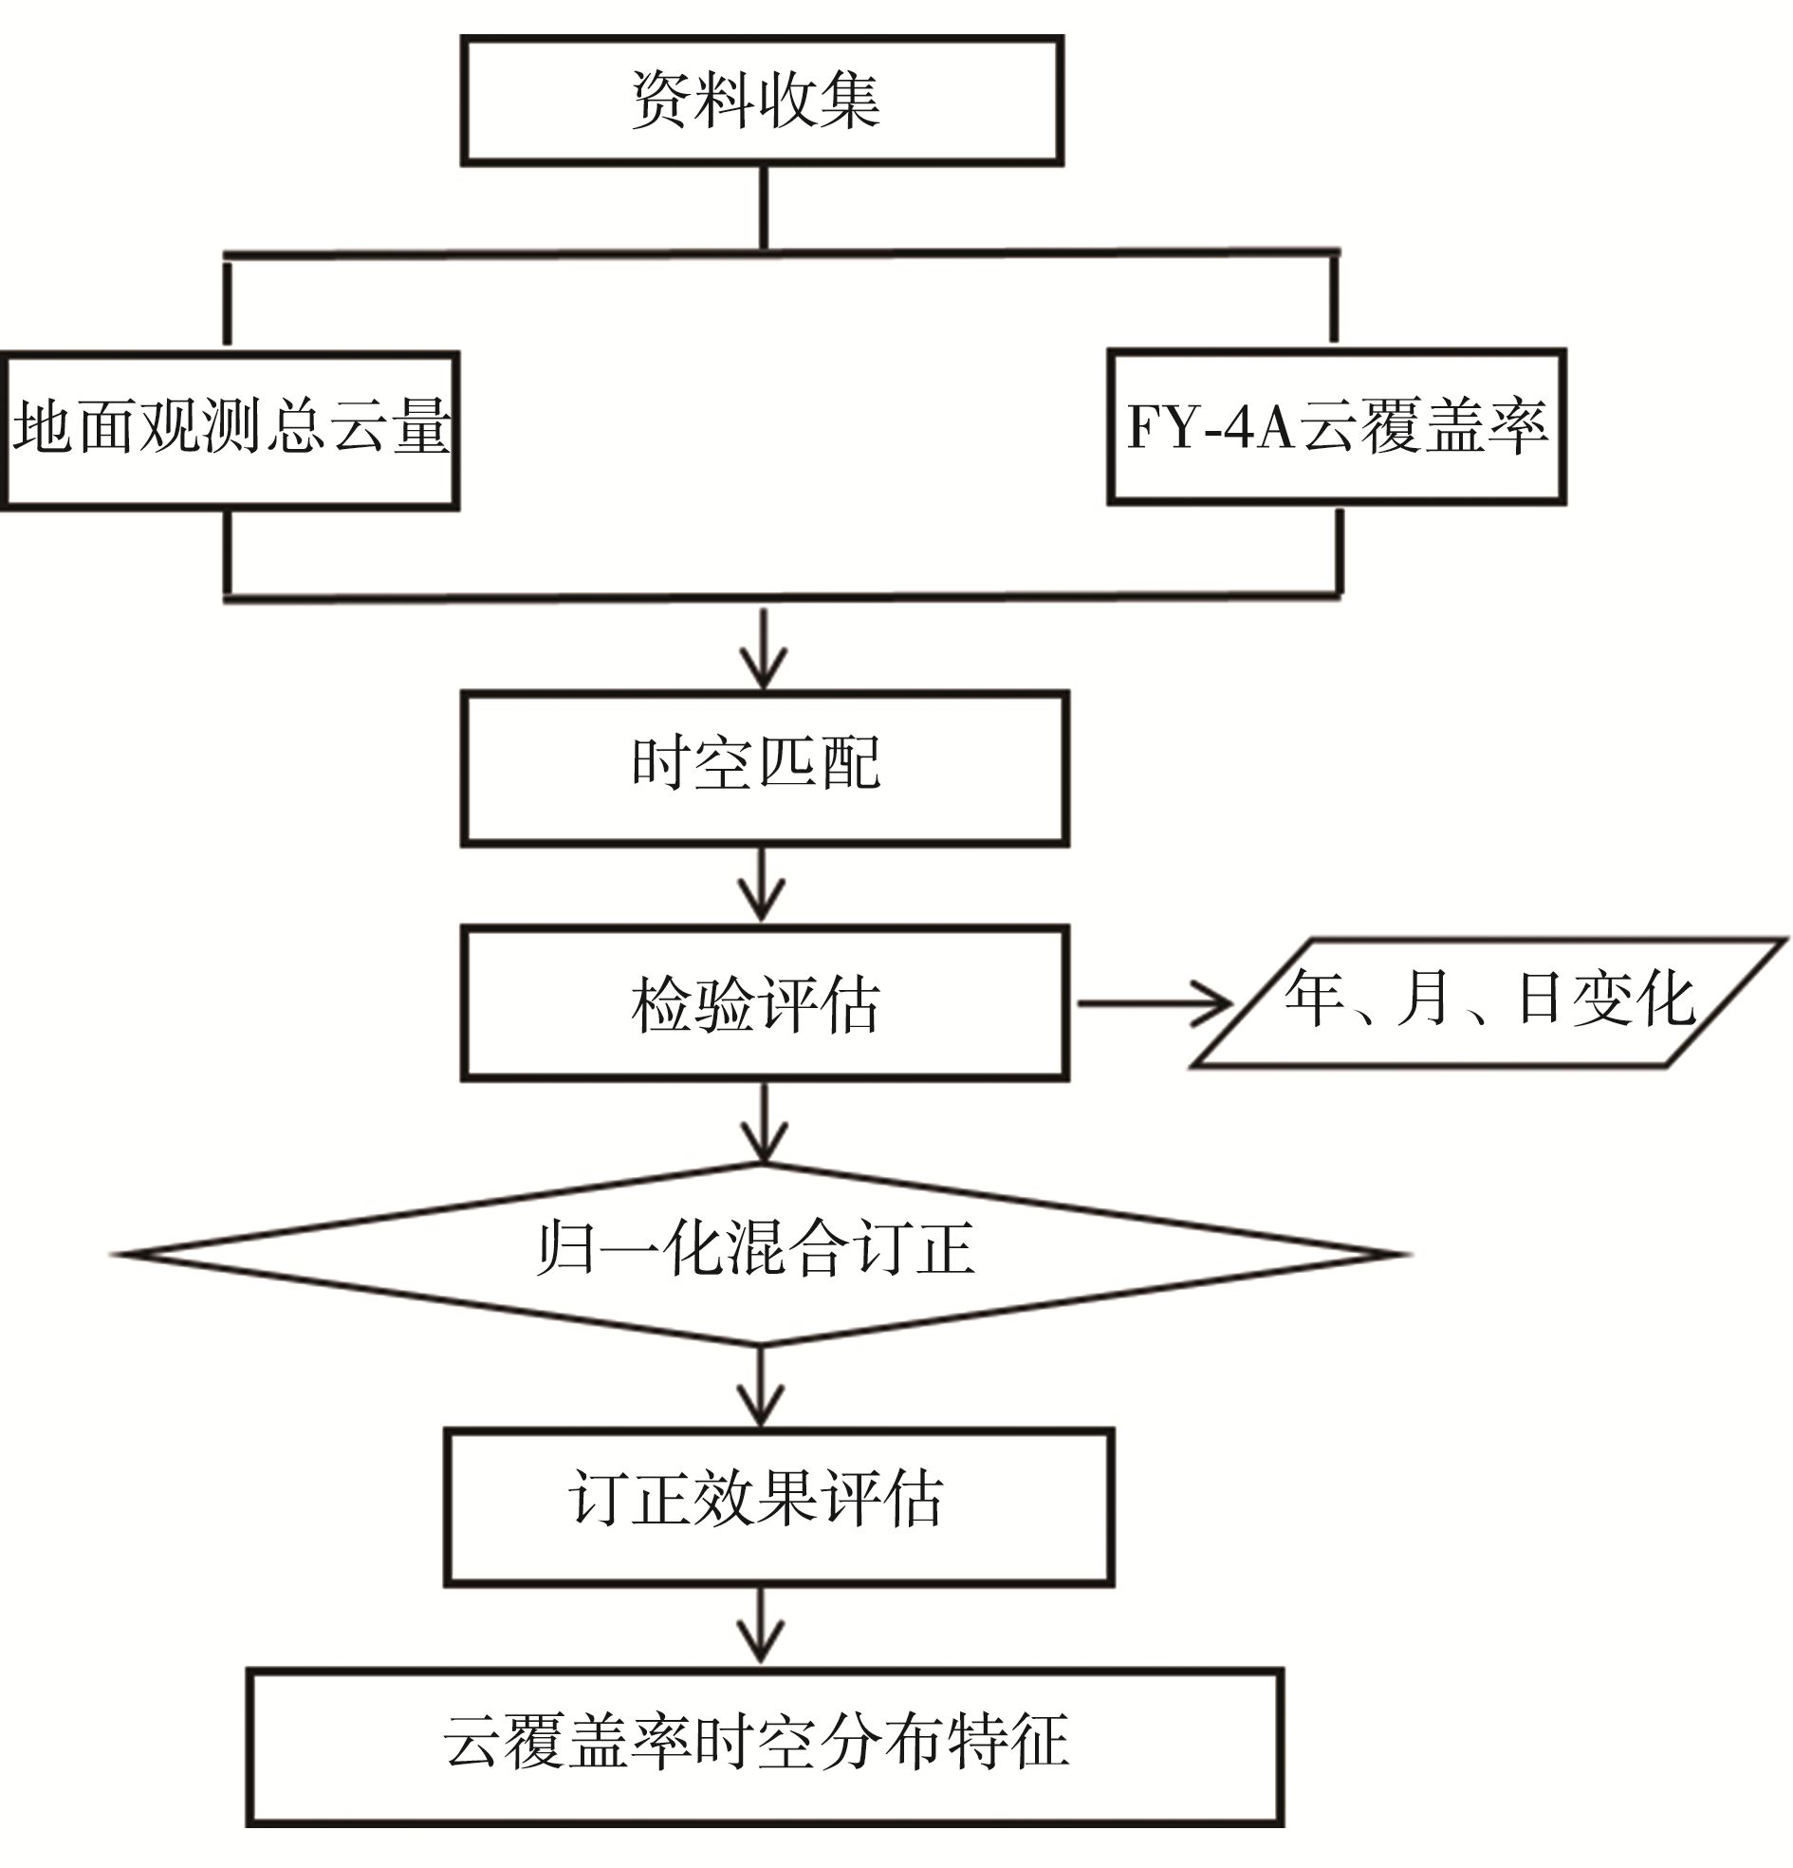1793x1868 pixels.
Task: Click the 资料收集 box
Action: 761,101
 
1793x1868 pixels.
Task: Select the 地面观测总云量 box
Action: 230,431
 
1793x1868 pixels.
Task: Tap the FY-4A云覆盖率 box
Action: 1336,426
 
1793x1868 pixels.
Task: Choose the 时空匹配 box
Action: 764,768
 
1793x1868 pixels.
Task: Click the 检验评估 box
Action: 764,1003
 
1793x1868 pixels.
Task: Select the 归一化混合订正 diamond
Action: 759,1254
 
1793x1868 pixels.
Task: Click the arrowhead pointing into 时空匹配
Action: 763,667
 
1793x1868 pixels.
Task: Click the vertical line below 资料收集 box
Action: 763,208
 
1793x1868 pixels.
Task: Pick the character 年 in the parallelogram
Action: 1315,999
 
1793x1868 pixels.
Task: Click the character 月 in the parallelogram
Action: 1424,999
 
